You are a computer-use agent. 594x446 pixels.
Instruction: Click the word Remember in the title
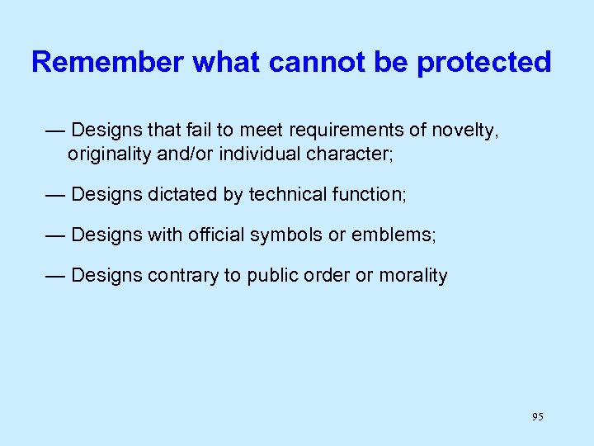[x=107, y=62]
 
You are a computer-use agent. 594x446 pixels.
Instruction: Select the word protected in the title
[x=483, y=62]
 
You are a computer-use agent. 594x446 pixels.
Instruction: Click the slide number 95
[x=538, y=417]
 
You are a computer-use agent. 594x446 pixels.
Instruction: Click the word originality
[x=109, y=154]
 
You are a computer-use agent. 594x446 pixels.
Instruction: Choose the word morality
[x=412, y=275]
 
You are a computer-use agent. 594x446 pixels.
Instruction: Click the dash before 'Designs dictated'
[x=55, y=194]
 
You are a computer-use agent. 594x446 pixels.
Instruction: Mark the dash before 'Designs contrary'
[x=55, y=275]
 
